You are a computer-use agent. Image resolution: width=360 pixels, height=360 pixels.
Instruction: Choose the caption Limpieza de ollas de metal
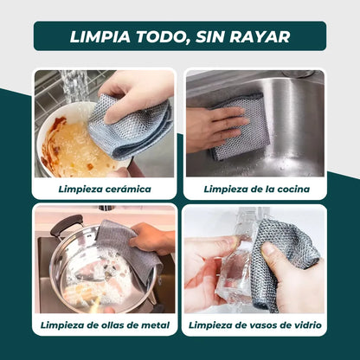coord(105,325)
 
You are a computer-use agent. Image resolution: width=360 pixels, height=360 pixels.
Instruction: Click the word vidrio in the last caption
coord(307,325)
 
